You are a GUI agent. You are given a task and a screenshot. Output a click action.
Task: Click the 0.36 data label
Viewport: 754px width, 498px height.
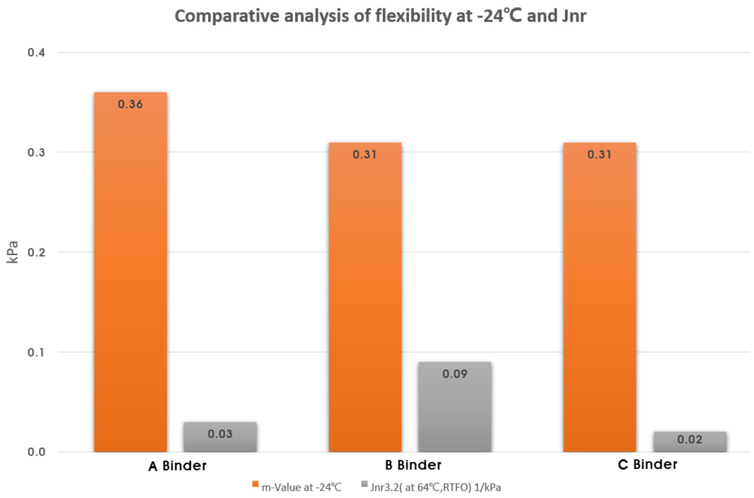(130, 105)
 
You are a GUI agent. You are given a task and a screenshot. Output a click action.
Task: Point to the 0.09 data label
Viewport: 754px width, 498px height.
(455, 374)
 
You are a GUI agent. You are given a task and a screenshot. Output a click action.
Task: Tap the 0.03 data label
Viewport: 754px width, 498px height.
(220, 434)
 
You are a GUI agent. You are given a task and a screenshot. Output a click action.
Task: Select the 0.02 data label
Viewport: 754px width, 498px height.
(690, 440)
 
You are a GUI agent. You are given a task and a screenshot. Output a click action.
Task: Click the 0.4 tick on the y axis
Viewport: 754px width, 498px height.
(36, 52)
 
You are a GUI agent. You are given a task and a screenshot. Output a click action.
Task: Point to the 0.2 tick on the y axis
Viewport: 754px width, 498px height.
(36, 252)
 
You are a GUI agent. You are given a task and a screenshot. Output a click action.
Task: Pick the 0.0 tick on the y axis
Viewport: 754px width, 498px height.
(36, 452)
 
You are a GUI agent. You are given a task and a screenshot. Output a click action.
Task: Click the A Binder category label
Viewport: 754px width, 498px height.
(177, 466)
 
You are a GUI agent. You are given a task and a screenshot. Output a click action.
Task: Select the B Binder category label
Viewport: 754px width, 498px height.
(413, 465)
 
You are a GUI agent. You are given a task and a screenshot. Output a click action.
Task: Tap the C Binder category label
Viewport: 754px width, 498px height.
(647, 464)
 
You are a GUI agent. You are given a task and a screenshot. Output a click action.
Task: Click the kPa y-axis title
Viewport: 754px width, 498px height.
(12, 252)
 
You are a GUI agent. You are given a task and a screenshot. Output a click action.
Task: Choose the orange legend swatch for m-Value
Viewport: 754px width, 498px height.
(255, 485)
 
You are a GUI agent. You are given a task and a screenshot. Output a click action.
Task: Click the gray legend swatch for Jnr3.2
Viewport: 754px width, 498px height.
(365, 485)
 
